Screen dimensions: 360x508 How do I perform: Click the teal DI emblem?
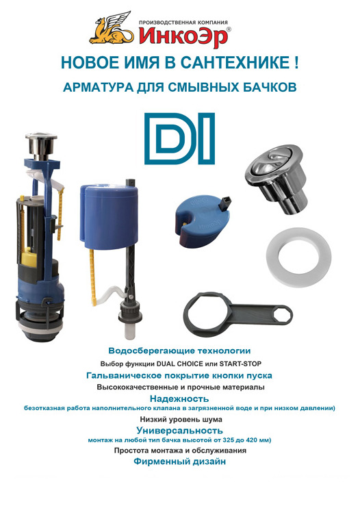179,138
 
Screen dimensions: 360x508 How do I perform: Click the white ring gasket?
299,257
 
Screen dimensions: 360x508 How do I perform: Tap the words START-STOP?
240,364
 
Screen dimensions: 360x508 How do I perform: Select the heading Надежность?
179,398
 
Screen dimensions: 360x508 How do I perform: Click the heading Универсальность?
180,430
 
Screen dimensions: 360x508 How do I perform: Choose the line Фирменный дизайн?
180,461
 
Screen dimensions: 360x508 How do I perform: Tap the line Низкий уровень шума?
181,419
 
